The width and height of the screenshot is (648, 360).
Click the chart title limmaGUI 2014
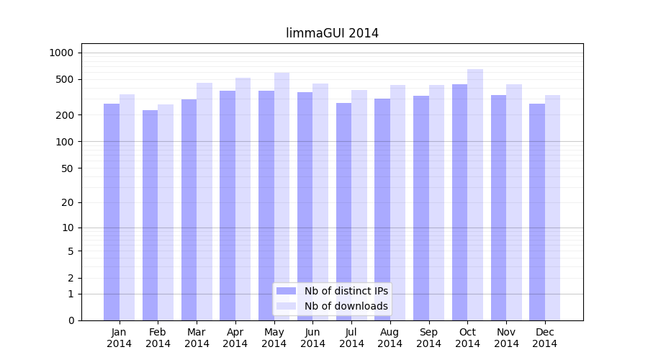[332, 33]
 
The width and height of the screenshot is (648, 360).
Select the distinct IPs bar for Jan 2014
[112, 212]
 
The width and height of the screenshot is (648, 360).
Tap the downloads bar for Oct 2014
[475, 194]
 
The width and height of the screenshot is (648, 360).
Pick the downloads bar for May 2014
[282, 196]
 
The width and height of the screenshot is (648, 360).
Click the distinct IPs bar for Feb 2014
[150, 215]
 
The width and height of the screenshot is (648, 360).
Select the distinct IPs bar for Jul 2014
[343, 212]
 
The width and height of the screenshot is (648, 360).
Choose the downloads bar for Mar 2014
[204, 202]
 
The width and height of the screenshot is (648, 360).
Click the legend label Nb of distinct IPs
[346, 291]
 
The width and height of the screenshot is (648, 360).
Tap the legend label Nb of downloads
[346, 306]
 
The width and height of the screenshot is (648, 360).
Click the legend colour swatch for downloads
[286, 306]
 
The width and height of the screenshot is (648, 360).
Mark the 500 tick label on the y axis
[64, 79]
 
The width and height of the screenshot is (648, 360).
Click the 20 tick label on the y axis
[67, 202]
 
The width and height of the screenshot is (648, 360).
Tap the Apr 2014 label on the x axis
[235, 338]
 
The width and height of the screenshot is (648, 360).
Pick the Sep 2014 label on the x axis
[428, 338]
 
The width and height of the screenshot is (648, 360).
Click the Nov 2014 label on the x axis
[506, 338]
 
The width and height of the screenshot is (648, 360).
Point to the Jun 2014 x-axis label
[312, 338]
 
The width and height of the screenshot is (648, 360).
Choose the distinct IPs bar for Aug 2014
[382, 210]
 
